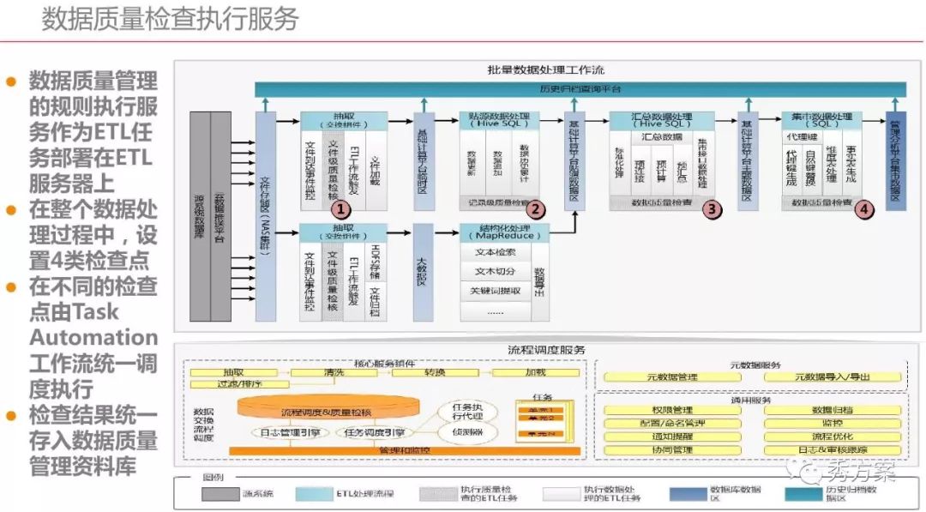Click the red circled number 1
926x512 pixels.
[x=340, y=208]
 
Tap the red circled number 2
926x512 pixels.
[x=536, y=208]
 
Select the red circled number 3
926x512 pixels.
[x=711, y=208]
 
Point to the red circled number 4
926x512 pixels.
[x=865, y=208]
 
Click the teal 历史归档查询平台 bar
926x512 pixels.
[x=580, y=89]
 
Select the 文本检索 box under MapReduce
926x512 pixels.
[x=495, y=253]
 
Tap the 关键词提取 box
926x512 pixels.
[x=495, y=291]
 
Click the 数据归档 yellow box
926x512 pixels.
[x=832, y=410]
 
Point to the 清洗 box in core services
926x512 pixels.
[x=334, y=373]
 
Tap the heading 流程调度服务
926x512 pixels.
[x=545, y=350]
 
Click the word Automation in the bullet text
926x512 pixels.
[x=93, y=337]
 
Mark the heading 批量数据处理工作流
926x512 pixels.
[x=545, y=69]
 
